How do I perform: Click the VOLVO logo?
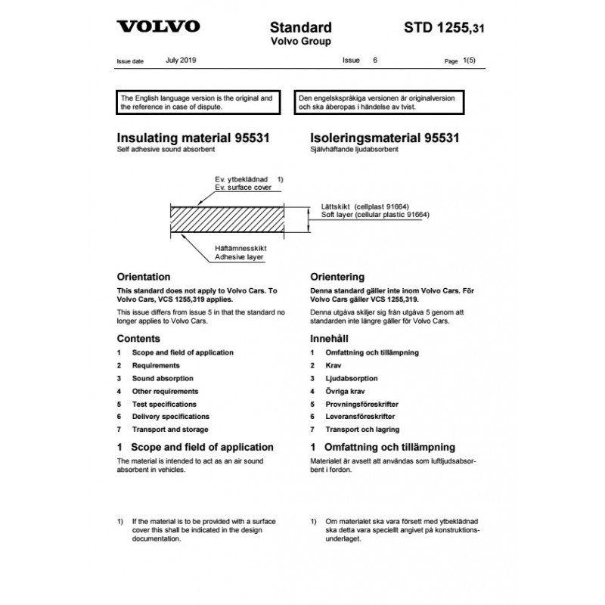(x=158, y=26)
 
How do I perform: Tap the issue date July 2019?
(x=180, y=58)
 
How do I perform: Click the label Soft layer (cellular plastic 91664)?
(x=371, y=216)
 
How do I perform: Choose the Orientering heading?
(x=337, y=278)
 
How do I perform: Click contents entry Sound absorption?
(x=162, y=378)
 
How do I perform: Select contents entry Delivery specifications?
(x=170, y=417)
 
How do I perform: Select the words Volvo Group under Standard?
(x=301, y=41)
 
